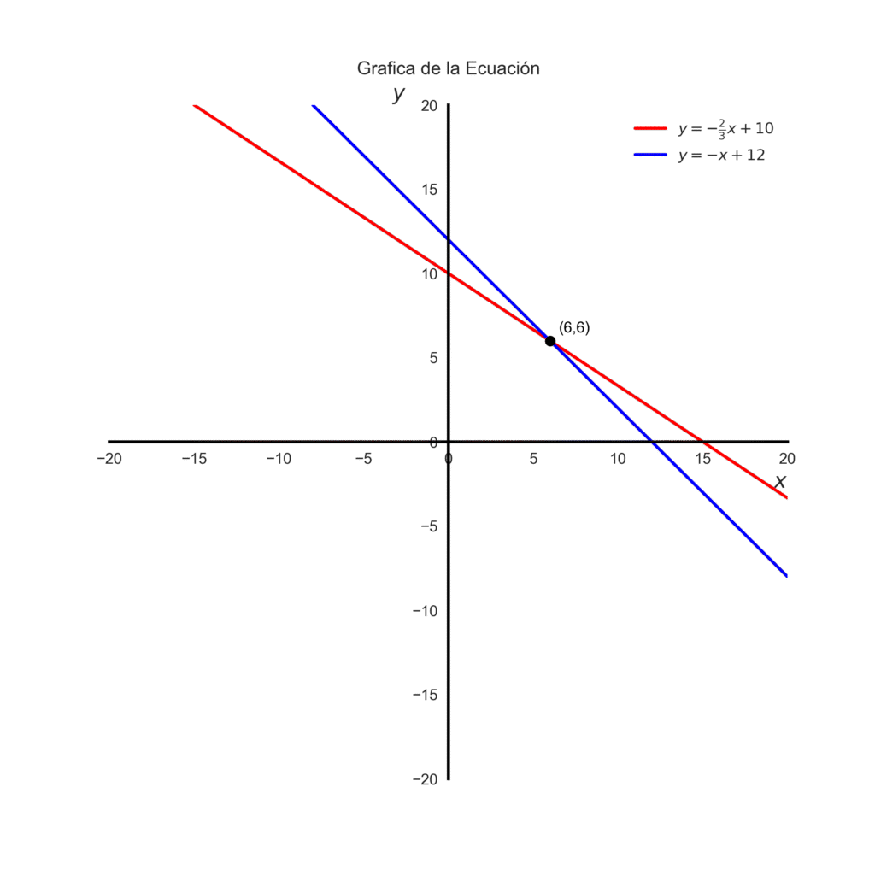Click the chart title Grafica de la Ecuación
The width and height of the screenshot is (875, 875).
(x=449, y=68)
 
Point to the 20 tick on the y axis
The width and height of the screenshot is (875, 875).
(x=428, y=105)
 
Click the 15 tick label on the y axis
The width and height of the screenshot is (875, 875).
(x=428, y=190)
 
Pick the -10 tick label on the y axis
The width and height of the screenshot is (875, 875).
(x=425, y=610)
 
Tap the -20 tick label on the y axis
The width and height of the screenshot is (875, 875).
(x=425, y=778)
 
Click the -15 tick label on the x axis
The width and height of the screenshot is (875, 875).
(x=194, y=459)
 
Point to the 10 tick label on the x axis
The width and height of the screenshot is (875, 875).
(x=618, y=459)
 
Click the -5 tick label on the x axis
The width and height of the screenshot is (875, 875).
(x=363, y=459)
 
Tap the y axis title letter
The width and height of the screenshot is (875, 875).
(x=398, y=94)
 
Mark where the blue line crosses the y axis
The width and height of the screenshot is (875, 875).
(x=449, y=239)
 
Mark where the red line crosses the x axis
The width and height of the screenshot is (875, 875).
(x=702, y=442)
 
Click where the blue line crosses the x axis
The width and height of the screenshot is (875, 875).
(x=651, y=442)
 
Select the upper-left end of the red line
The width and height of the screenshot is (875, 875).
(x=195, y=105)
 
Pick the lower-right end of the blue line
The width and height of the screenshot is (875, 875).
(x=786, y=576)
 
